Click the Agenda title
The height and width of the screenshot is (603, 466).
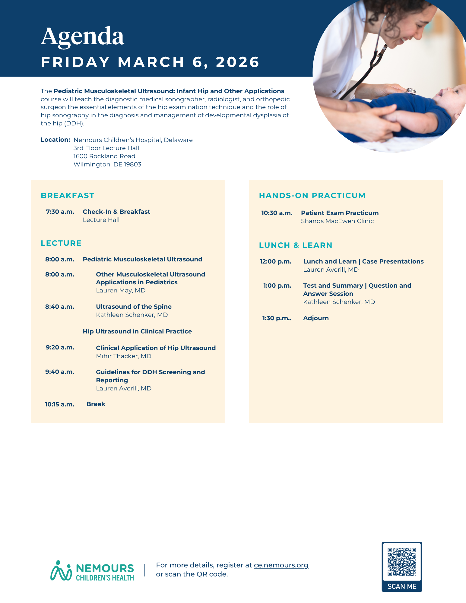tap(82, 36)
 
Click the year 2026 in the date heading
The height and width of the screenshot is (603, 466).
tap(237, 62)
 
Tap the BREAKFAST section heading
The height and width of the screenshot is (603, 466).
tap(68, 196)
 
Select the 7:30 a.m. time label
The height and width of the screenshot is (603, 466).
tap(60, 212)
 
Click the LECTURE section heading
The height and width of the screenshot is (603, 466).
tap(61, 243)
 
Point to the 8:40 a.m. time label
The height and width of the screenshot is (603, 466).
tap(60, 307)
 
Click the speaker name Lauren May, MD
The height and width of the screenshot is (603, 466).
tap(121, 290)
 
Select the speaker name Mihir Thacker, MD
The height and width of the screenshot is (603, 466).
tap(124, 356)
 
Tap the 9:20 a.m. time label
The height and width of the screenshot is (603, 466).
tap(60, 347)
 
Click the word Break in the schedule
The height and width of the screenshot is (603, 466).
tap(96, 404)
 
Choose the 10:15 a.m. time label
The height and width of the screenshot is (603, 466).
tap(60, 404)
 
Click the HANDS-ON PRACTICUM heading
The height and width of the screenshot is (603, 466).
tap(312, 196)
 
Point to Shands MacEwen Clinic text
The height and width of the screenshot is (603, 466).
tap(337, 221)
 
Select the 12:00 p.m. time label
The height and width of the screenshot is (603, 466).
tap(276, 261)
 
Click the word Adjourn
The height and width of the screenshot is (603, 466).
tap(316, 318)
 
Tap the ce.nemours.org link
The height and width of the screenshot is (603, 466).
tap(281, 565)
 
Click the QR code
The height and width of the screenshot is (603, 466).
tap(402, 562)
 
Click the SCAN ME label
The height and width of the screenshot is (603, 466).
tap(402, 586)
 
